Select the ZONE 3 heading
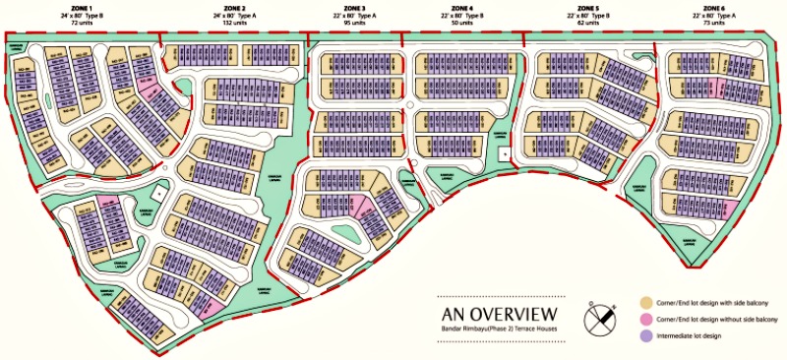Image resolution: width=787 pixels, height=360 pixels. pyautogui.click(x=351, y=7)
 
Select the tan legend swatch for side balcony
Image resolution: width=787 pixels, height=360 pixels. pyautogui.click(x=646, y=302)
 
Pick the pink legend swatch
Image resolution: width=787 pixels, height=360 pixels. pyautogui.click(x=646, y=319)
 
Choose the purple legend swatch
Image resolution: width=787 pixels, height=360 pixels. pyautogui.click(x=646, y=335)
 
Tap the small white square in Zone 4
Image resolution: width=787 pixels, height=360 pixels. pyautogui.click(x=505, y=153)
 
